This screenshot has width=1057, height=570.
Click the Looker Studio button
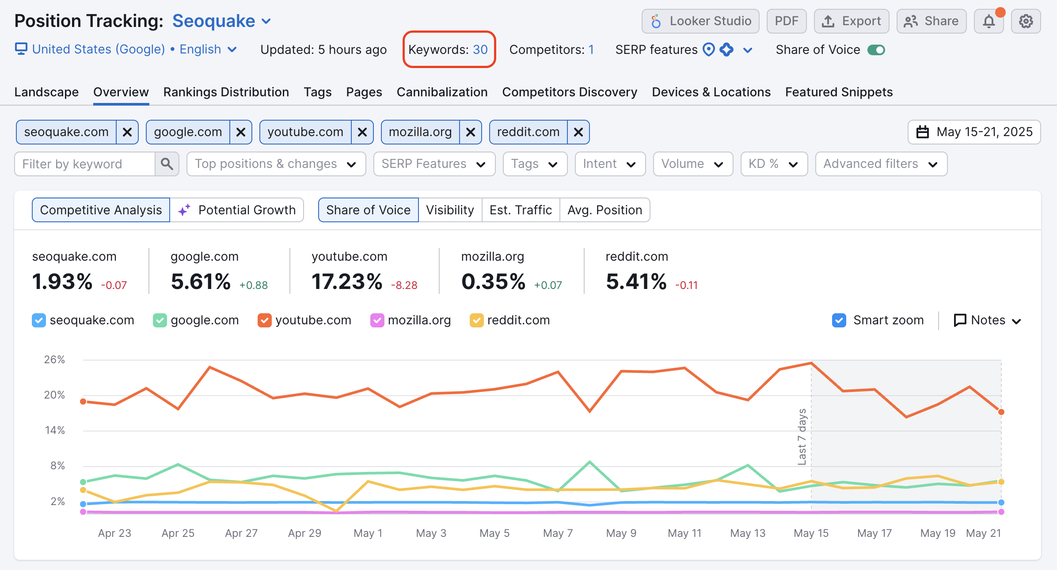coord(700,21)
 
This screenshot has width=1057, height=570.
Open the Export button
coord(851,21)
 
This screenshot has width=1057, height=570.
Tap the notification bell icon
coord(989,21)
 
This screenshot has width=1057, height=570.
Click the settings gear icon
coord(1026,21)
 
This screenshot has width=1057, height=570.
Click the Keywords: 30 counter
coord(448,49)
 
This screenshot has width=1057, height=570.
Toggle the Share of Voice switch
coord(876,50)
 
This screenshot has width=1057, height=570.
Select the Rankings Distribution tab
coord(226,92)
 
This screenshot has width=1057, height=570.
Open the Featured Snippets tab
coord(839,92)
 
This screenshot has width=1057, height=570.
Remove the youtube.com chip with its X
coord(362,132)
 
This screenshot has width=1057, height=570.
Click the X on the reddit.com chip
coord(578,132)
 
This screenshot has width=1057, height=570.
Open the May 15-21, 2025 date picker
coord(974,132)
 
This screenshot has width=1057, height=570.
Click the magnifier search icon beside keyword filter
coord(167,164)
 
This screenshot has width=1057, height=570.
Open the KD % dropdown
coord(774,164)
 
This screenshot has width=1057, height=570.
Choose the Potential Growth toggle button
coord(237,210)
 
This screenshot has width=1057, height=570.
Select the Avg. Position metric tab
coord(605,210)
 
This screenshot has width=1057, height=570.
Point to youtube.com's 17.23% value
coord(347,282)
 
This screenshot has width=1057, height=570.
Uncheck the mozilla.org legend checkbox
coord(377,320)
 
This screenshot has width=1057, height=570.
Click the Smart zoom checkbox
coord(839,320)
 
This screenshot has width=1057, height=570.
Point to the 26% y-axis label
coord(54,360)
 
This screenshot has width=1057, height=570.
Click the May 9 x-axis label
coord(621,533)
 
